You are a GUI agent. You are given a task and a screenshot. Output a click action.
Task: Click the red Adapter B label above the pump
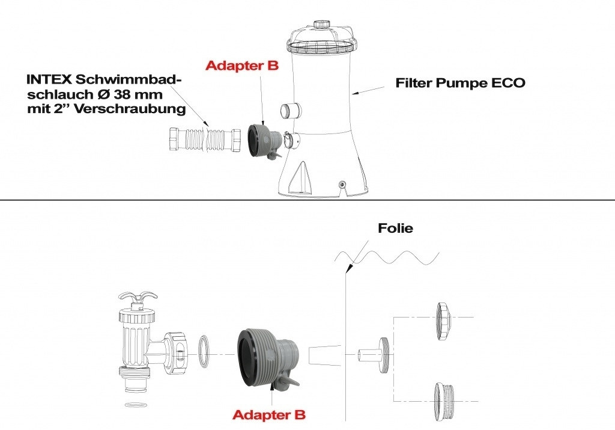[242, 66]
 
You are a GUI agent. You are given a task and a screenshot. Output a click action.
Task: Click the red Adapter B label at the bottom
[268, 414]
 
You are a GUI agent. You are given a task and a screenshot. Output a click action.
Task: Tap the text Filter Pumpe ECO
[460, 83]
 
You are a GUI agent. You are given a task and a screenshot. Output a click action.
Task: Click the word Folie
[395, 229]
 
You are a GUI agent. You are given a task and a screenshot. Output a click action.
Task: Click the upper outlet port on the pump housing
[291, 111]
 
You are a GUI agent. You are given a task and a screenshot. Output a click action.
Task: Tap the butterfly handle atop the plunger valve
[138, 299]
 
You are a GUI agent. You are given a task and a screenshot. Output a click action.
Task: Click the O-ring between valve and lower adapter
[205, 351]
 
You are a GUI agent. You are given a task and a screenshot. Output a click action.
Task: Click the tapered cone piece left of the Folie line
[324, 355]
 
